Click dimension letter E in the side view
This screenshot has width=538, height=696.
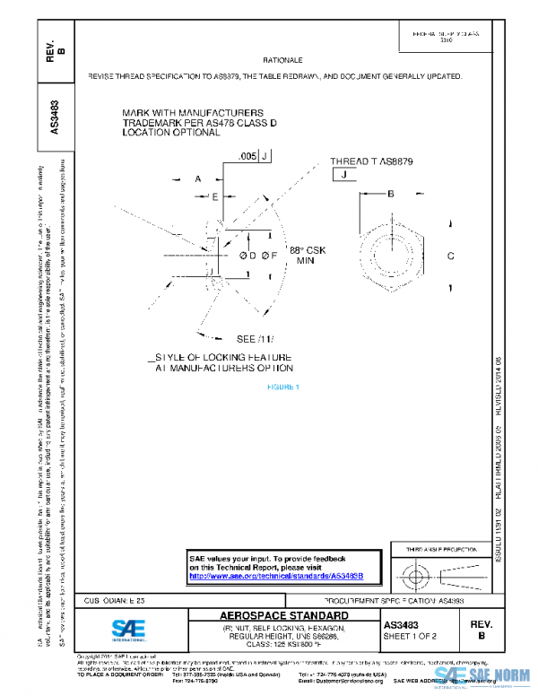click(x=215, y=196)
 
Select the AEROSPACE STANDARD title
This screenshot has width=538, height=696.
click(x=284, y=616)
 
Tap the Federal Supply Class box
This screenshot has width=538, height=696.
click(x=446, y=37)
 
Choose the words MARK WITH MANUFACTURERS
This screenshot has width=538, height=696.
click(x=182, y=113)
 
